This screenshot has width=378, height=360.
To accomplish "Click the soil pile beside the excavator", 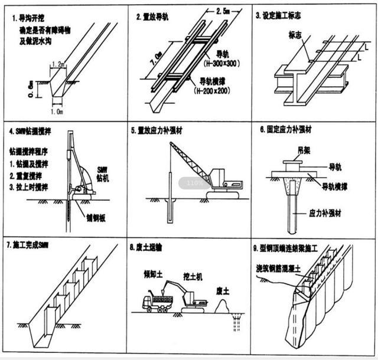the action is (225, 306).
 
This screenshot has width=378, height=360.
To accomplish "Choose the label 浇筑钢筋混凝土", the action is (283, 267).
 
